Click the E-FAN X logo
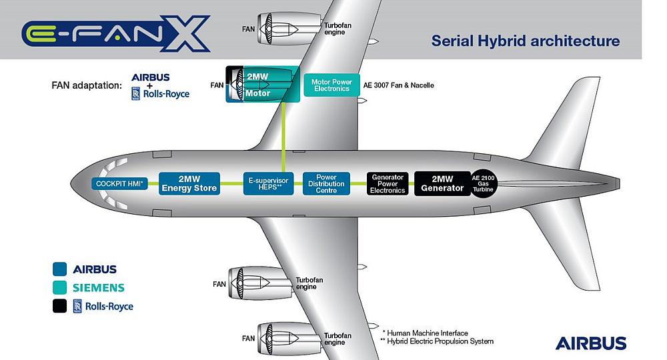click(x=115, y=33)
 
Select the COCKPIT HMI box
click(x=119, y=183)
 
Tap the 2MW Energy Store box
click(x=189, y=183)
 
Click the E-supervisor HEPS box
click(x=268, y=183)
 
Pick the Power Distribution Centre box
click(x=326, y=183)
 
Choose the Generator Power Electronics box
click(x=388, y=183)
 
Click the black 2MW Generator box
click(x=442, y=183)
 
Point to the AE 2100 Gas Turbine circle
click(x=483, y=183)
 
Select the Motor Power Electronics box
click(x=331, y=85)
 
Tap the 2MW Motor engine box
click(x=263, y=84)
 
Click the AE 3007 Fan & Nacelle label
click(x=399, y=85)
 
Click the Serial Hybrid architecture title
click(x=526, y=41)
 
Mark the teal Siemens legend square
click(x=59, y=287)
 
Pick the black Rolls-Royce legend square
click(x=59, y=306)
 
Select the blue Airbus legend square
click(x=59, y=269)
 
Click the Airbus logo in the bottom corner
click(x=591, y=343)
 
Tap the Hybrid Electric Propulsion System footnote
click(x=438, y=341)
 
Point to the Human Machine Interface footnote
click(x=426, y=333)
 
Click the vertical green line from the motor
click(x=283, y=137)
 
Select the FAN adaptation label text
click(x=87, y=85)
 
